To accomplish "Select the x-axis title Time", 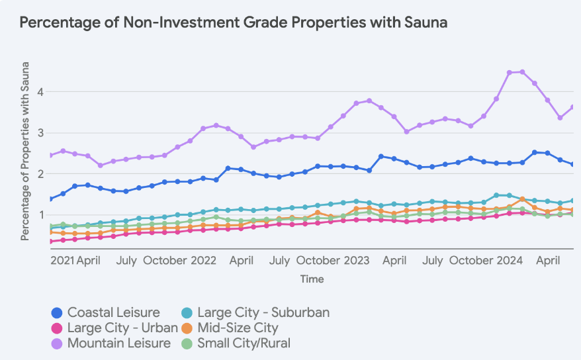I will point(312,279).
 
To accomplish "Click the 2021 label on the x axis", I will point(63,260).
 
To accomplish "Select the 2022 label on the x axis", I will point(204,260).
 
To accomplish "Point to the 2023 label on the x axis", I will point(356,260).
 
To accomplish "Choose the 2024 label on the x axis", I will point(509,260).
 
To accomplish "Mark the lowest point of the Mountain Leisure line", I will point(101,165).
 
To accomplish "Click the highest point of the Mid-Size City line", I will point(523,199).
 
